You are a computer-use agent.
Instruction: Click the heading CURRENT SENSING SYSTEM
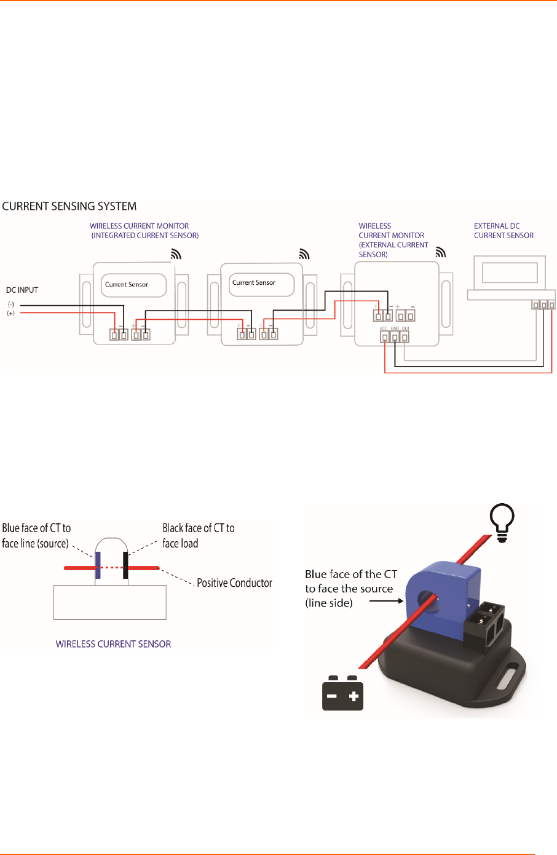tap(69, 207)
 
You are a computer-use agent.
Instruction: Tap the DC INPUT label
tap(22, 290)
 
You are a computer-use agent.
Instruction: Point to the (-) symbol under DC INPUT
tap(11, 305)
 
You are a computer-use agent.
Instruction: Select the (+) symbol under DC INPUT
tap(11, 314)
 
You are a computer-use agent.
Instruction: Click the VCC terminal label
tap(384, 328)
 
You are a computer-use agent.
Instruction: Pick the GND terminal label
tap(395, 328)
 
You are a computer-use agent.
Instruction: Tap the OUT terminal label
tap(406, 328)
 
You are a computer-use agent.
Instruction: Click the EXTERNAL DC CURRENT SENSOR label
tap(504, 231)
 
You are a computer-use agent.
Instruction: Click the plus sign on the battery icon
tap(354, 697)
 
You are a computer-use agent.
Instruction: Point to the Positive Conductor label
tap(234, 583)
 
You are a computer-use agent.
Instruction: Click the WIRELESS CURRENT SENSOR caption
tap(113, 644)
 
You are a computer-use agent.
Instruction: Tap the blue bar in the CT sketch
tap(98, 565)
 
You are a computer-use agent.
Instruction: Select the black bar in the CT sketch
tap(125, 565)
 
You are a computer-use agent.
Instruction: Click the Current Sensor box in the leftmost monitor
tap(133, 285)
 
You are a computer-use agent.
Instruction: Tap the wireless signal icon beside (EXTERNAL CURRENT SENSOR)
tap(440, 252)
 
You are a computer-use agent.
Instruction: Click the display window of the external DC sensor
tap(510, 272)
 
